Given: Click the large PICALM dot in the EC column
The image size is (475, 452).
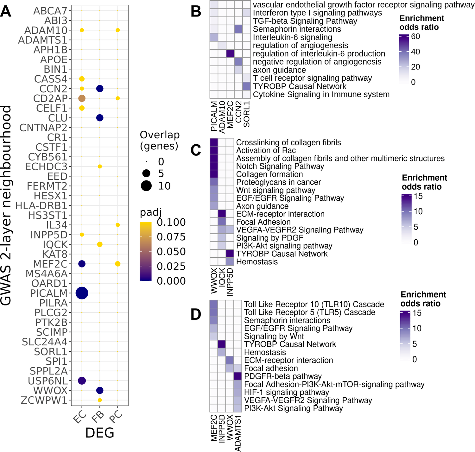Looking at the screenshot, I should pos(82,293).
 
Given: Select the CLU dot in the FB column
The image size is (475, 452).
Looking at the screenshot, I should pos(100,118).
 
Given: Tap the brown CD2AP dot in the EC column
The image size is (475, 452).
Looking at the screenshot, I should pos(82,98).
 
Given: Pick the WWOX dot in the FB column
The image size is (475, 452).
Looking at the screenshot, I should pos(100,391).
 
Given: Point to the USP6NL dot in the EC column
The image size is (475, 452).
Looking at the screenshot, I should pos(82,381).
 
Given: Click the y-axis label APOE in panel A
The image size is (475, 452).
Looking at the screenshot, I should pos(54,60).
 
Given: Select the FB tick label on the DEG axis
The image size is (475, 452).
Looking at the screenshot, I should pos(98,416).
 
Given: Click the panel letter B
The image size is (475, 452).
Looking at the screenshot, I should pos(196,12).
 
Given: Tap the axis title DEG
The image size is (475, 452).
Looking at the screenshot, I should pos(100,433).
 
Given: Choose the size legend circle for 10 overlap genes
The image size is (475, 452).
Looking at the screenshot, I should pos(146,186).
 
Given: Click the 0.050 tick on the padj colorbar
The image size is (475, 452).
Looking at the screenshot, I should pos(171,252).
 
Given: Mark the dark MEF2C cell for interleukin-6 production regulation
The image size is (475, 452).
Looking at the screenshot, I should pos(230,53).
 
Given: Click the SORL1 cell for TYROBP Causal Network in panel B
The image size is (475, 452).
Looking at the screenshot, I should pos(246,86).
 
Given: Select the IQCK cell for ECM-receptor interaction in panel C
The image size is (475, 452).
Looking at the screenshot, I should pos(222,214).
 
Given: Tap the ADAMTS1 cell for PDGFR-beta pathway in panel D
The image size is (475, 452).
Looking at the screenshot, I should pos(237,376).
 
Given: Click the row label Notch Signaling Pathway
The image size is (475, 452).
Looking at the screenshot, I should pos(280,166).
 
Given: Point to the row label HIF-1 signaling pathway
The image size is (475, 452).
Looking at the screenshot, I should pos(286,392).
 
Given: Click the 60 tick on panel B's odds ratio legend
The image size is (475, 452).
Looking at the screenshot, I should pos(415,37).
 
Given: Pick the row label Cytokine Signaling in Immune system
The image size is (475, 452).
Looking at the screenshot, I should pos(321,94).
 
